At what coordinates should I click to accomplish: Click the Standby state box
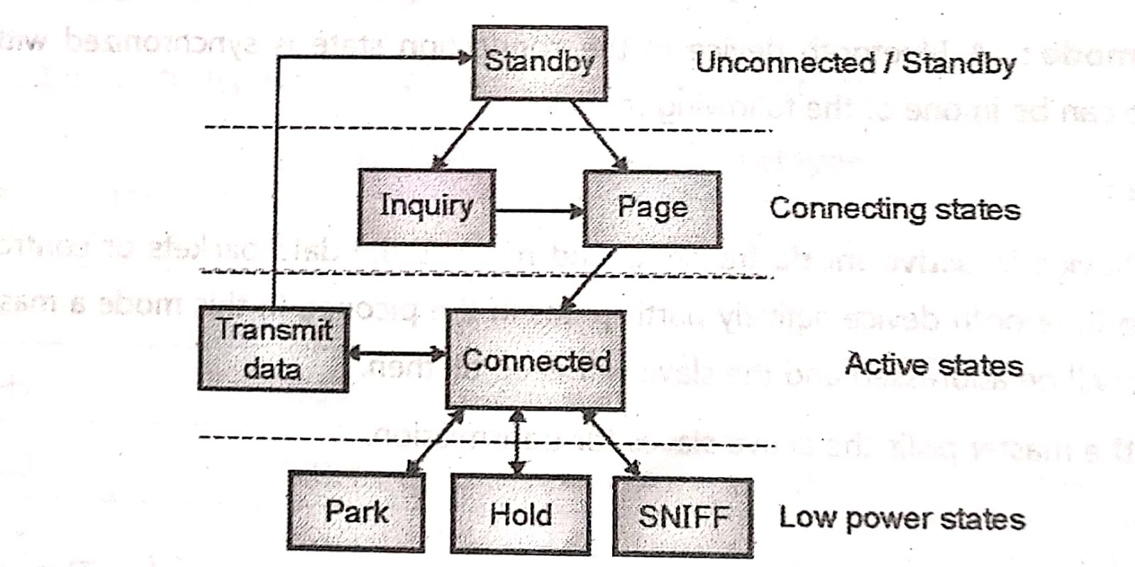pyautogui.click(x=539, y=63)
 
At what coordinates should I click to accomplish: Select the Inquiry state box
pyautogui.click(x=426, y=207)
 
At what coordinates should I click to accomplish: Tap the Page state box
pyautogui.click(x=652, y=208)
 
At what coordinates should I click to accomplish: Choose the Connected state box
pyautogui.click(x=536, y=360)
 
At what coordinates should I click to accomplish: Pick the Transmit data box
pyautogui.click(x=273, y=349)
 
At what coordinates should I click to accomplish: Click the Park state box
pyautogui.click(x=356, y=512)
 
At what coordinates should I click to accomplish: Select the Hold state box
pyautogui.click(x=521, y=514)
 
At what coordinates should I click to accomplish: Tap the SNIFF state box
pyautogui.click(x=682, y=517)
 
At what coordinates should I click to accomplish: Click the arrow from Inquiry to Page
pyautogui.click(x=539, y=210)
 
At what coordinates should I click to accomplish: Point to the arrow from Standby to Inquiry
pyautogui.click(x=461, y=135)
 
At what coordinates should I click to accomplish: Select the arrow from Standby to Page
pyautogui.click(x=599, y=135)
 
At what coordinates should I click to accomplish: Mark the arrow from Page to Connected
pyautogui.click(x=589, y=279)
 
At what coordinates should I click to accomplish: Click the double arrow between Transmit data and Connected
pyautogui.click(x=397, y=352)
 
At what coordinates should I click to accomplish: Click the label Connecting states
pyautogui.click(x=895, y=209)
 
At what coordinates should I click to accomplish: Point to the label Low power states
pyautogui.click(x=902, y=518)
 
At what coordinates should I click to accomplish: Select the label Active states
pyautogui.click(x=934, y=365)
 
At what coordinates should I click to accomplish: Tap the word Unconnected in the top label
pyautogui.click(x=785, y=62)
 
